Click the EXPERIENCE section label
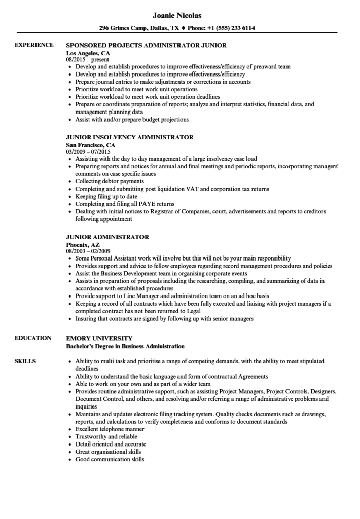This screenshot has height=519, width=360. [34, 45]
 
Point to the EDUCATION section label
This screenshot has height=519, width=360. [33, 338]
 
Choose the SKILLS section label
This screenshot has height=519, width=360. [25, 361]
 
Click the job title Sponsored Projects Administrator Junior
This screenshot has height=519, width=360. [146, 45]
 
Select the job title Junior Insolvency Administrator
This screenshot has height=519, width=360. [130, 137]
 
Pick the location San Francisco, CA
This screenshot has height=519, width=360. [91, 144]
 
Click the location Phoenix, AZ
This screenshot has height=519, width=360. [83, 244]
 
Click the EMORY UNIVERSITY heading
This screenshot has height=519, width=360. [99, 338]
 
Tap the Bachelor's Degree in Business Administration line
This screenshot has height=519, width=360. [126, 346]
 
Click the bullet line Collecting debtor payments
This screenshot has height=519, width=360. [110, 181]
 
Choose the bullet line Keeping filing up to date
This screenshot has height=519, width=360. [106, 197]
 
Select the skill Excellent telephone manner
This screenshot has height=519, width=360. [110, 429]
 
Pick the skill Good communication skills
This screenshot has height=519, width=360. [110, 459]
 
